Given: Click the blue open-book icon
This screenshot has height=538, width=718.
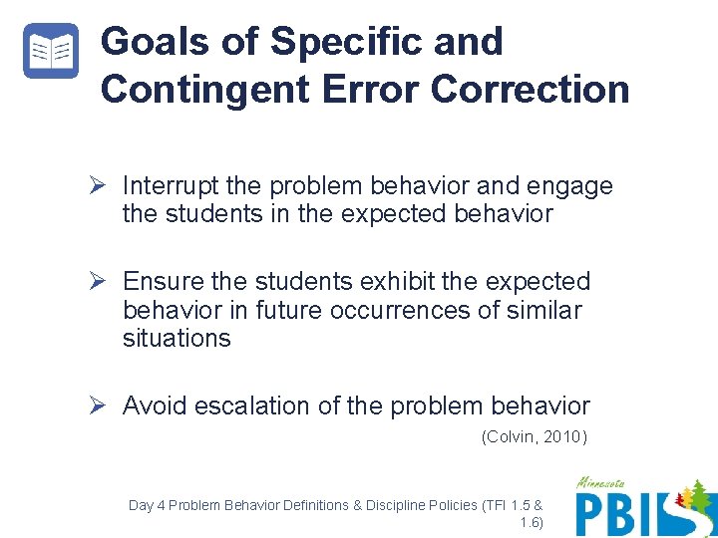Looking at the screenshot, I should tap(50, 51).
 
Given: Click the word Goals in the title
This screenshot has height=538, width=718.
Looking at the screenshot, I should tap(156, 42).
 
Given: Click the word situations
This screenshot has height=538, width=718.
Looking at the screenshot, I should tap(177, 338).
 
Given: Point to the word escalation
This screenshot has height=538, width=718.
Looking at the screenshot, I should tap(251, 405).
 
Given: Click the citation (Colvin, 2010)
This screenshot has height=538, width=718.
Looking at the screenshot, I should tap(535, 436).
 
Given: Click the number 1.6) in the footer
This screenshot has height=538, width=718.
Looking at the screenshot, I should tap(531, 522).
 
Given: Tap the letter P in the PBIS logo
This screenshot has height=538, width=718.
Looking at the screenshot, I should tap(593, 514).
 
